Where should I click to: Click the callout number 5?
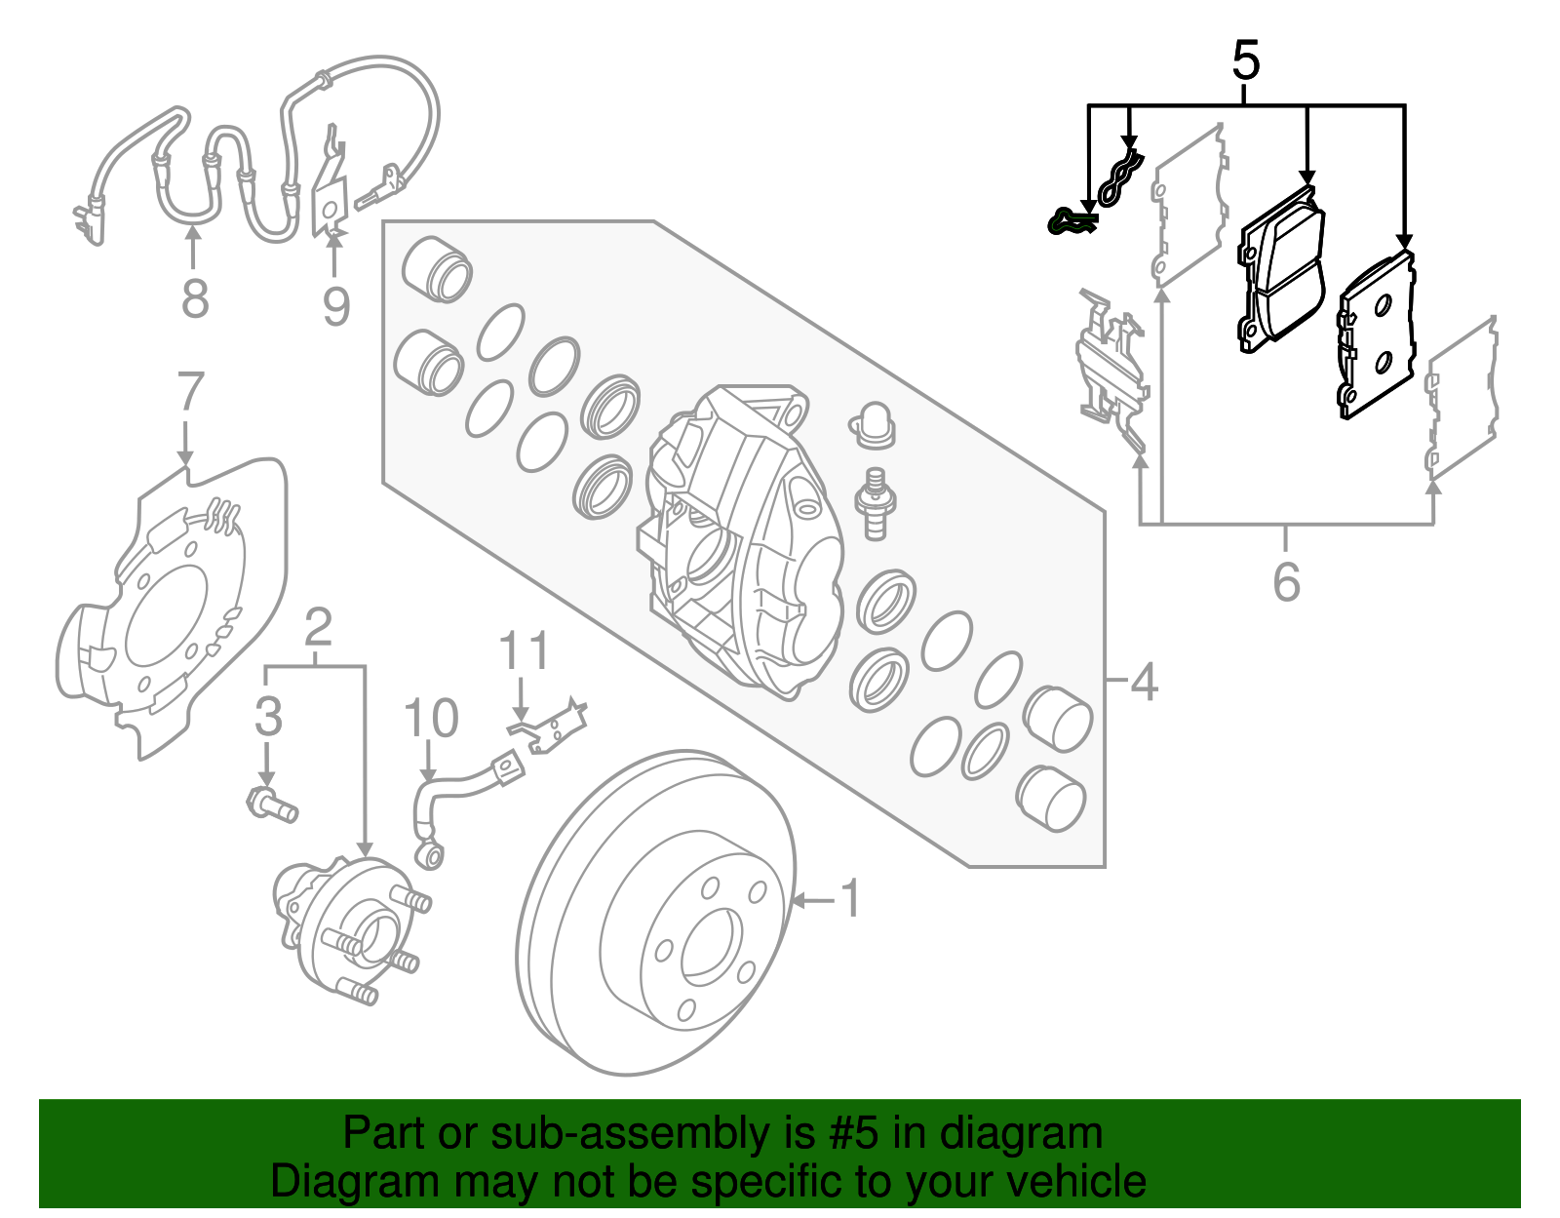pos(1246,60)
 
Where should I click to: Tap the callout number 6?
pos(1286,582)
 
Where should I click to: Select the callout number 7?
pos(190,392)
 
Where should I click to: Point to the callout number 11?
pos(524,651)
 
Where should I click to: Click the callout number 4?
pos(1143,682)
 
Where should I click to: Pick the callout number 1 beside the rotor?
pos(851,898)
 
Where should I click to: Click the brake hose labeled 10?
pos(458,795)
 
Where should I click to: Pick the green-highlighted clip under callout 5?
pos(1070,222)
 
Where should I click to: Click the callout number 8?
pos(195,297)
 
